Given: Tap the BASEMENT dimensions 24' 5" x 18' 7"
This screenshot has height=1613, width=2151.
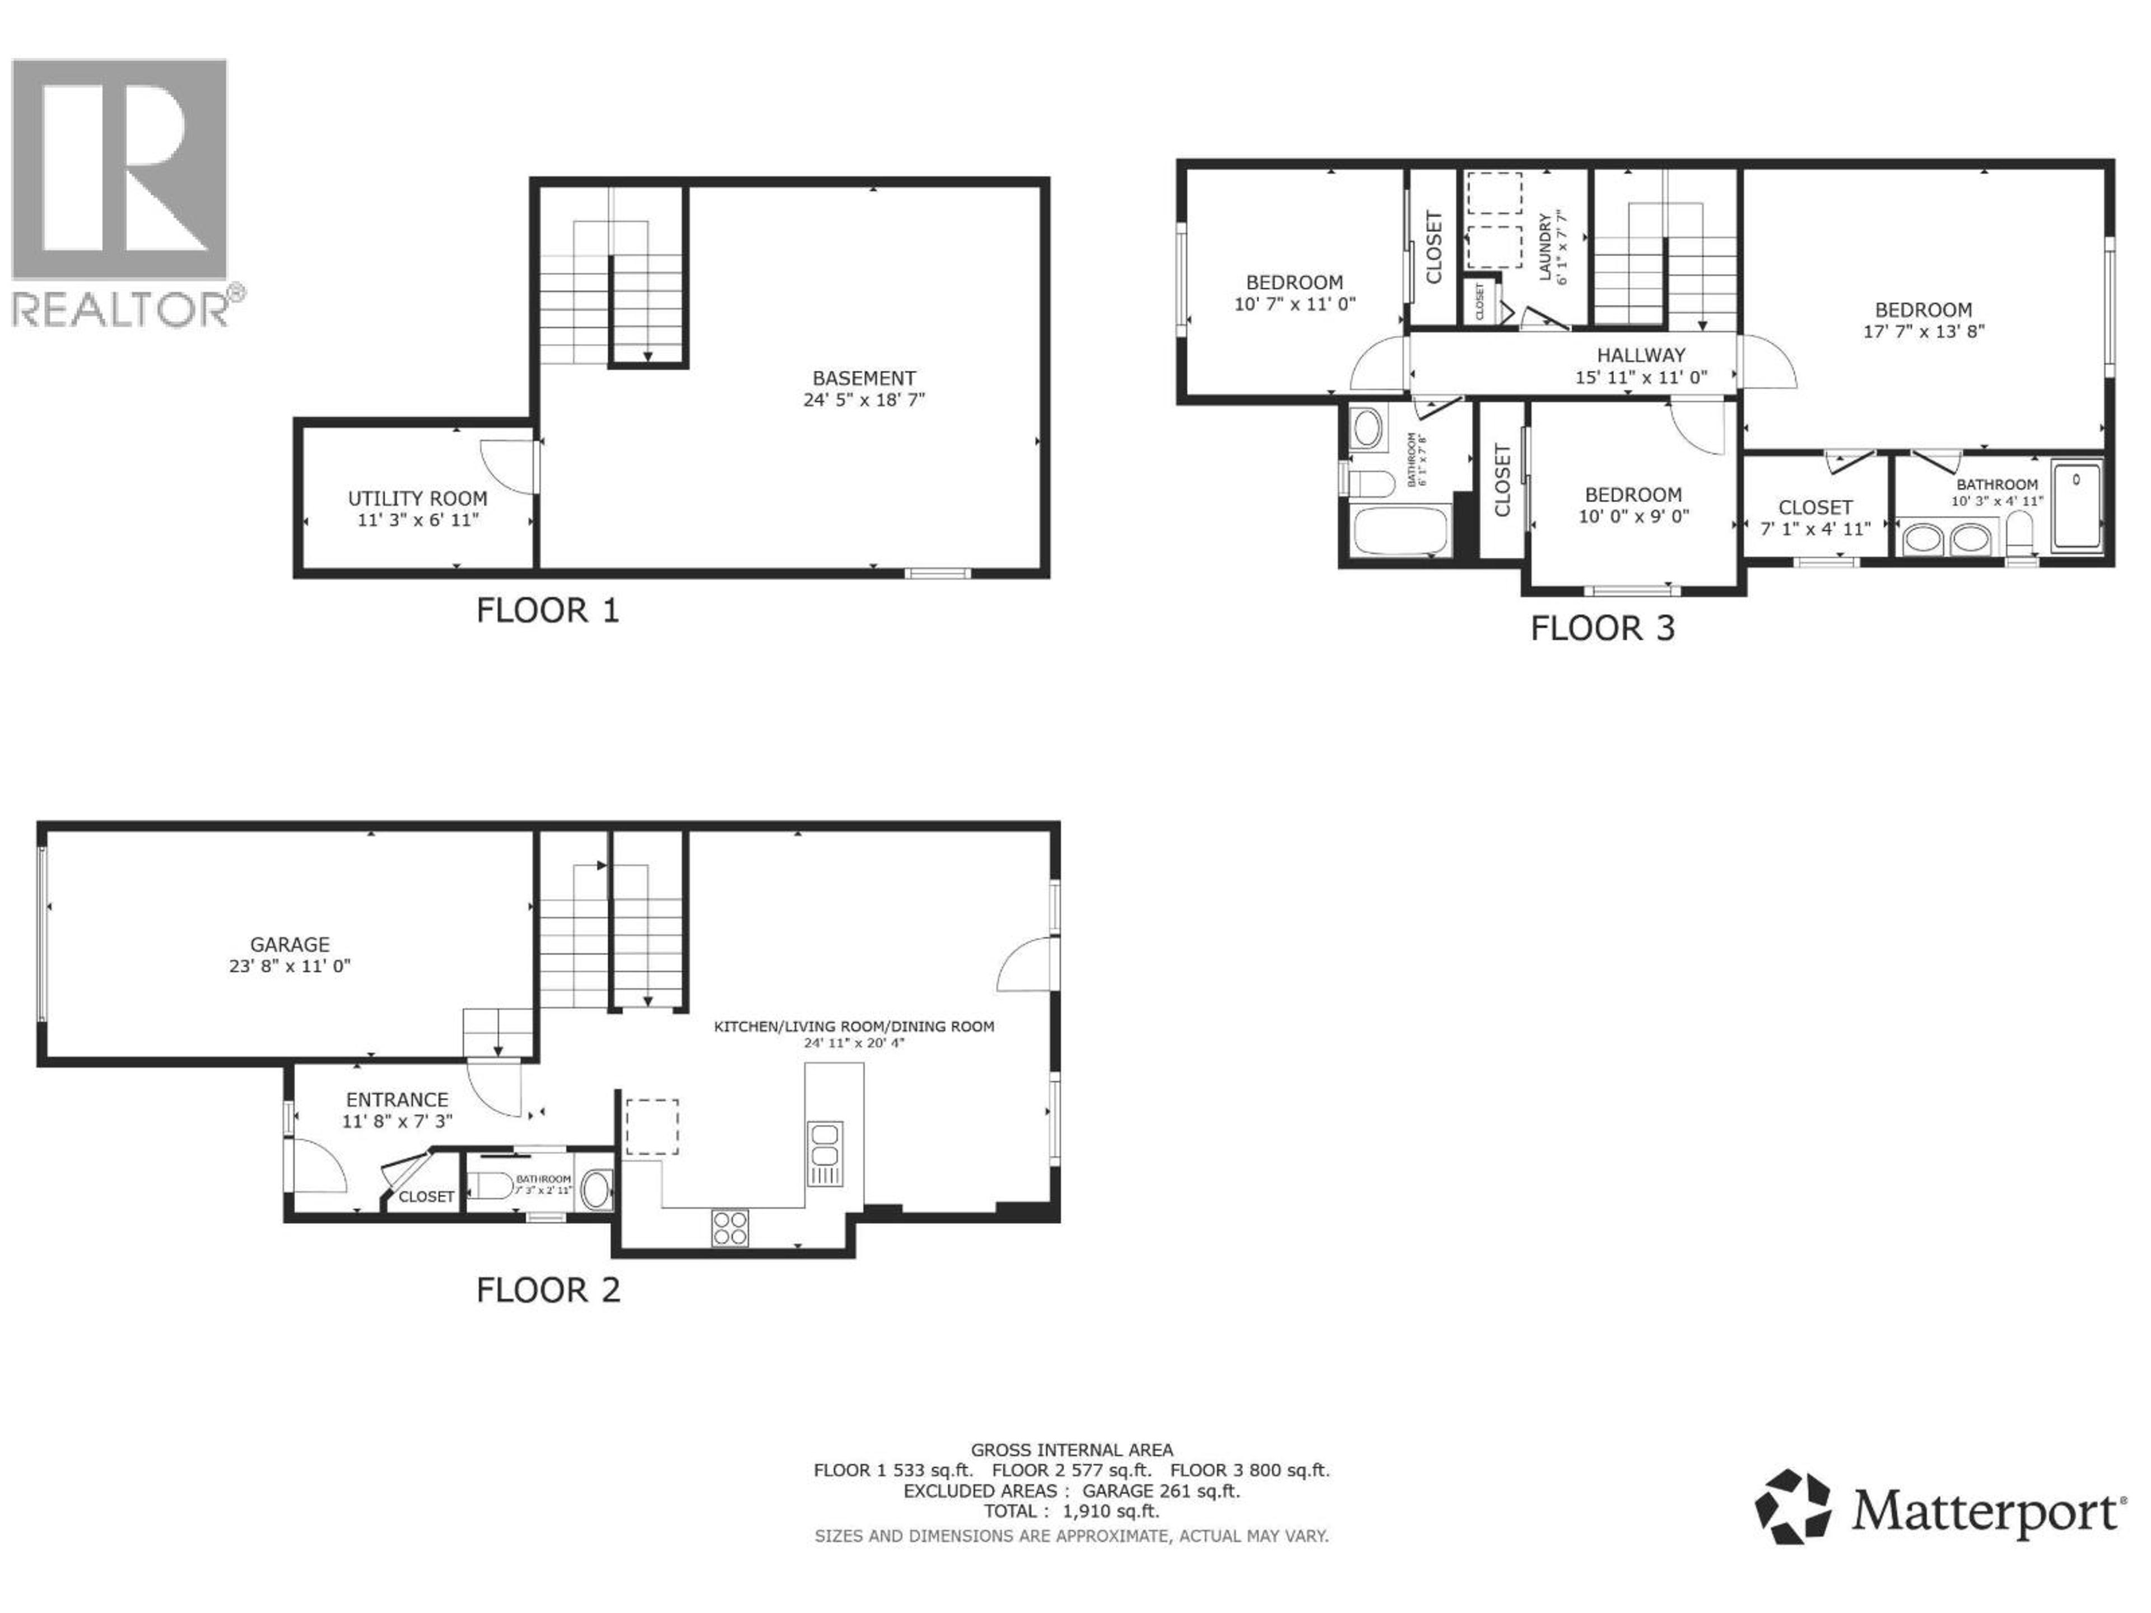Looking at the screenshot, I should pyautogui.click(x=864, y=399).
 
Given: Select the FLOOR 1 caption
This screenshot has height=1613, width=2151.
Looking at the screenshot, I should pyautogui.click(x=547, y=610).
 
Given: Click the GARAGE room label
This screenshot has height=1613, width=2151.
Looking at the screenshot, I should pyautogui.click(x=290, y=944).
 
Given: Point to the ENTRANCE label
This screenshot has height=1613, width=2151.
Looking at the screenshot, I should pyautogui.click(x=397, y=1099).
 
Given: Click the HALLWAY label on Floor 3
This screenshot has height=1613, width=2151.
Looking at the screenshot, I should pyautogui.click(x=1641, y=356).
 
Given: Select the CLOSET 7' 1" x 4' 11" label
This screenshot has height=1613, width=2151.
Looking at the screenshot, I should pyautogui.click(x=1814, y=507).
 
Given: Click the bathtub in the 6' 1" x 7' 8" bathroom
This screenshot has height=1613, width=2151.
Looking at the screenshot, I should pyautogui.click(x=1400, y=532).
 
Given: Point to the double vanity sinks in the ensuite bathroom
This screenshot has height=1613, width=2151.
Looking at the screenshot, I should pyautogui.click(x=1945, y=538).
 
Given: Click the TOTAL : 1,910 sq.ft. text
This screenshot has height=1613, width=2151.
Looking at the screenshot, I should pyautogui.click(x=1070, y=1511).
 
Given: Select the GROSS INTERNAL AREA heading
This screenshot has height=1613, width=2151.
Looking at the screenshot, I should pyautogui.click(x=1070, y=1449).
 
